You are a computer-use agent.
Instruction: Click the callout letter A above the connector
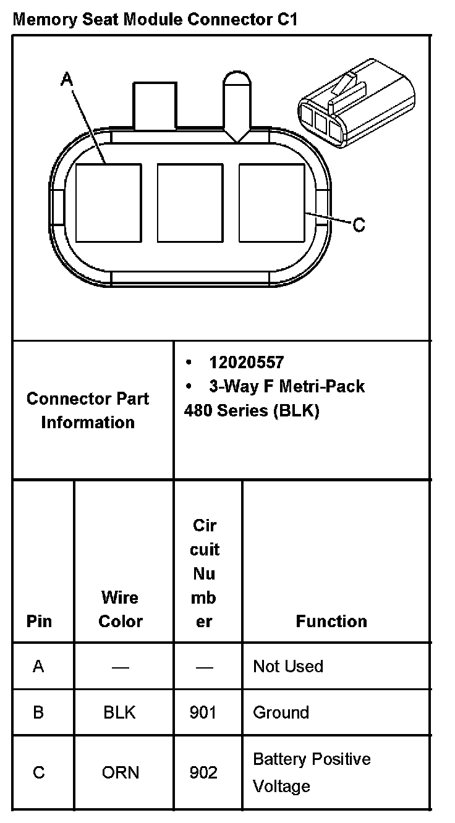[x=67, y=79]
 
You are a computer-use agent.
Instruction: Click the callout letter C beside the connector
[x=359, y=225]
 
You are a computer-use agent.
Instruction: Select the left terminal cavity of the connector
[x=108, y=202]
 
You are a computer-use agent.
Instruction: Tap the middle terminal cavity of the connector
[x=190, y=202]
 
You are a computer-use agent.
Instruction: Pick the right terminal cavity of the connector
[x=271, y=202]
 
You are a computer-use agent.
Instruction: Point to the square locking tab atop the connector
[x=154, y=106]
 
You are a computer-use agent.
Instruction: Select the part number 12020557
[x=246, y=363]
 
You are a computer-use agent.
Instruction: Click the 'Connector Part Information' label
[x=88, y=410]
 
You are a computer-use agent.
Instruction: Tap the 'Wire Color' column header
[x=121, y=609]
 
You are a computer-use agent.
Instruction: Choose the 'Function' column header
[x=331, y=621]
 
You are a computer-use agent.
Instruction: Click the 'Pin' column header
[x=40, y=621]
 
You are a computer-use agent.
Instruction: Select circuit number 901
[x=203, y=712]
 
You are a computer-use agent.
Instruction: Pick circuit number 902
[x=203, y=772]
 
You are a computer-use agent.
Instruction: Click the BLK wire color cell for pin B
[x=120, y=712]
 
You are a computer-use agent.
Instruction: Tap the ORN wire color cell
[x=121, y=772]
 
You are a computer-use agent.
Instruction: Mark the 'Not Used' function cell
[x=288, y=666]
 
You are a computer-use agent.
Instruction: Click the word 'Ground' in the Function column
[x=281, y=712]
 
